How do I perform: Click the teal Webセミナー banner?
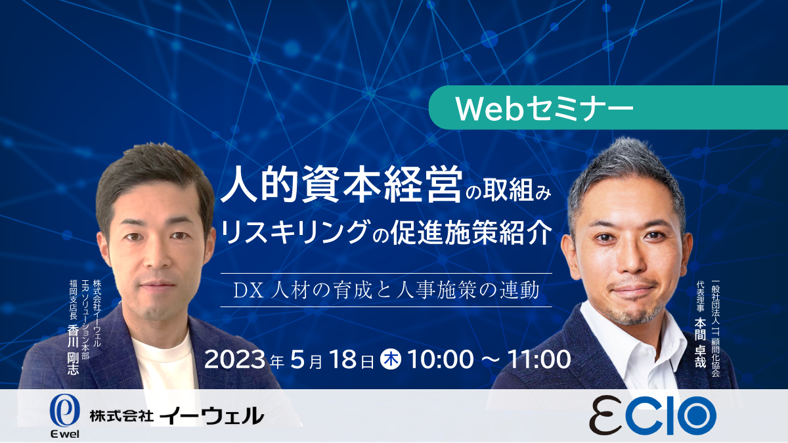(x=608, y=108)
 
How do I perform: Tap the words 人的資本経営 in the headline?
(x=341, y=184)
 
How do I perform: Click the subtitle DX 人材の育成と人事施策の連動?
(x=386, y=290)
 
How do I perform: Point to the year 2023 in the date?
(x=234, y=360)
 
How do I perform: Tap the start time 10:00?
(x=441, y=360)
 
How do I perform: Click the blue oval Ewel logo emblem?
(x=65, y=410)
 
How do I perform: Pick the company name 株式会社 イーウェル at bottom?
(x=177, y=416)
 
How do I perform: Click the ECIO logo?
(x=653, y=415)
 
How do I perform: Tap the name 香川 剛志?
(x=73, y=350)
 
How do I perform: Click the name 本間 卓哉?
(x=701, y=343)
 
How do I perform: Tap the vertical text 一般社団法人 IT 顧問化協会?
(x=716, y=328)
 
